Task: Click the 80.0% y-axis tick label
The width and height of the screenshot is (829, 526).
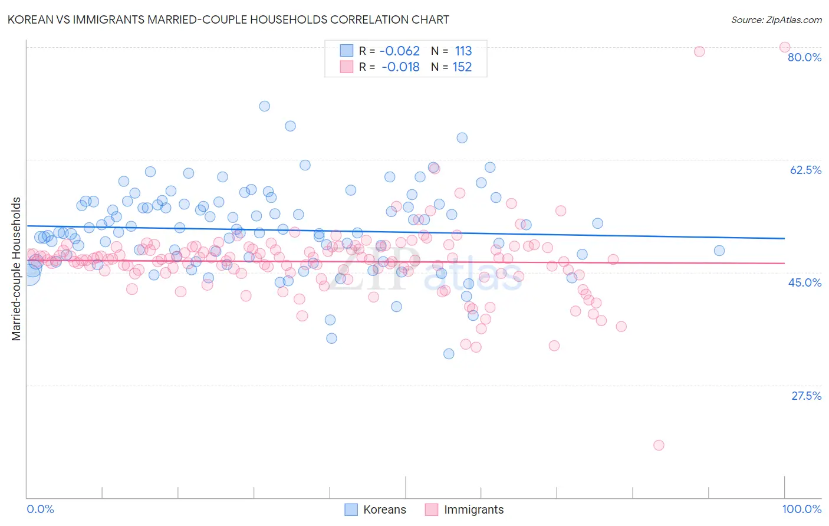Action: coord(804,57)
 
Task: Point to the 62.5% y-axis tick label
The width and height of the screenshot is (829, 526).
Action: coord(805,170)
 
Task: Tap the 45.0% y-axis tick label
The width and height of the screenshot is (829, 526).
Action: coord(805,282)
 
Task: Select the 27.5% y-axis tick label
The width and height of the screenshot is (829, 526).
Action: coord(806,396)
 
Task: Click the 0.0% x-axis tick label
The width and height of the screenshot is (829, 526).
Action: coord(40,509)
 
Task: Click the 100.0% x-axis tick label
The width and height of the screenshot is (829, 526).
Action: coord(801,509)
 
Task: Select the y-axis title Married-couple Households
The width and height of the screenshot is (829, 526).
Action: coord(17,269)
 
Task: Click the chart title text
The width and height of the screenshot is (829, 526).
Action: coord(228,19)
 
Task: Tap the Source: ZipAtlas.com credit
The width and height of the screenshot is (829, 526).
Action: coord(776,19)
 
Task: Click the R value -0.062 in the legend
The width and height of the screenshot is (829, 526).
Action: coord(399,51)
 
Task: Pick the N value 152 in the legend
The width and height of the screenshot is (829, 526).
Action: coord(462,67)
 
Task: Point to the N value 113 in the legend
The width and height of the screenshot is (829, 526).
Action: coord(463,51)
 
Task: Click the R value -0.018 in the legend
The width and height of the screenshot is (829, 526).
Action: coord(400,67)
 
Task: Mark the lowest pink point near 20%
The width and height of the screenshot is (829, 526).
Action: coord(659,445)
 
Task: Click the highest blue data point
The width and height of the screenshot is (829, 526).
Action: coord(265,106)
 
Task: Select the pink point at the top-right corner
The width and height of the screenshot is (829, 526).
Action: coord(785,47)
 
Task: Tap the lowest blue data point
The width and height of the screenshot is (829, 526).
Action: coord(449,354)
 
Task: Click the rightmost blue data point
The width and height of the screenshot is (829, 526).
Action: coord(719,251)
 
